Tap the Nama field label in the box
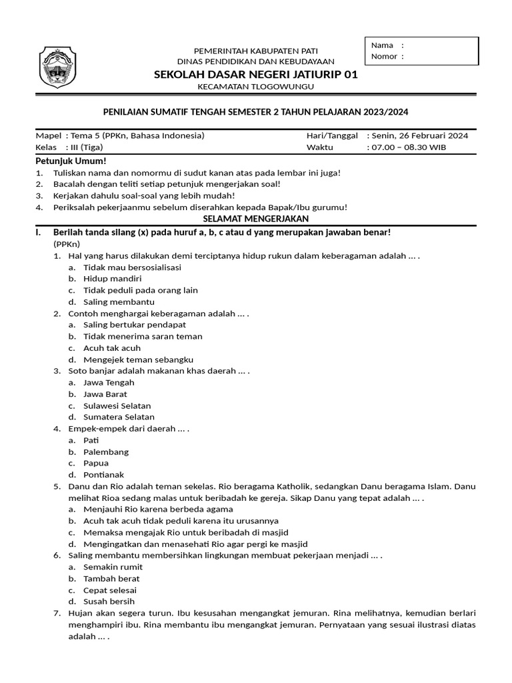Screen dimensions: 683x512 coord(382,45)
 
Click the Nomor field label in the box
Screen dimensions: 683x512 coord(385,56)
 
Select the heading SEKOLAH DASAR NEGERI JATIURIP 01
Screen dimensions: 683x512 coord(256,75)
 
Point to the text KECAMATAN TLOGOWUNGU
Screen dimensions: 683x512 coord(256,87)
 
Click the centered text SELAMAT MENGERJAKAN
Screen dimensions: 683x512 coord(256,219)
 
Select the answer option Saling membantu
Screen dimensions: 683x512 coord(114,301)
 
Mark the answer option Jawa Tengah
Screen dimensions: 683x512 coord(109,382)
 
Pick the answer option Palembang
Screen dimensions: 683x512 coord(106,452)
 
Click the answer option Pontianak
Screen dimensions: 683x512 coord(105,474)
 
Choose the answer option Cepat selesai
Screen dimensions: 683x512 coord(110,590)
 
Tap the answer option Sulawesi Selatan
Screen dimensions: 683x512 coord(117,406)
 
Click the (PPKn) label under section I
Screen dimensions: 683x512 coord(67,244)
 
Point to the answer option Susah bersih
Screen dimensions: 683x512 coord(109,602)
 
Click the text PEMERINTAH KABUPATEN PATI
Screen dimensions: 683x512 coord(255,51)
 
